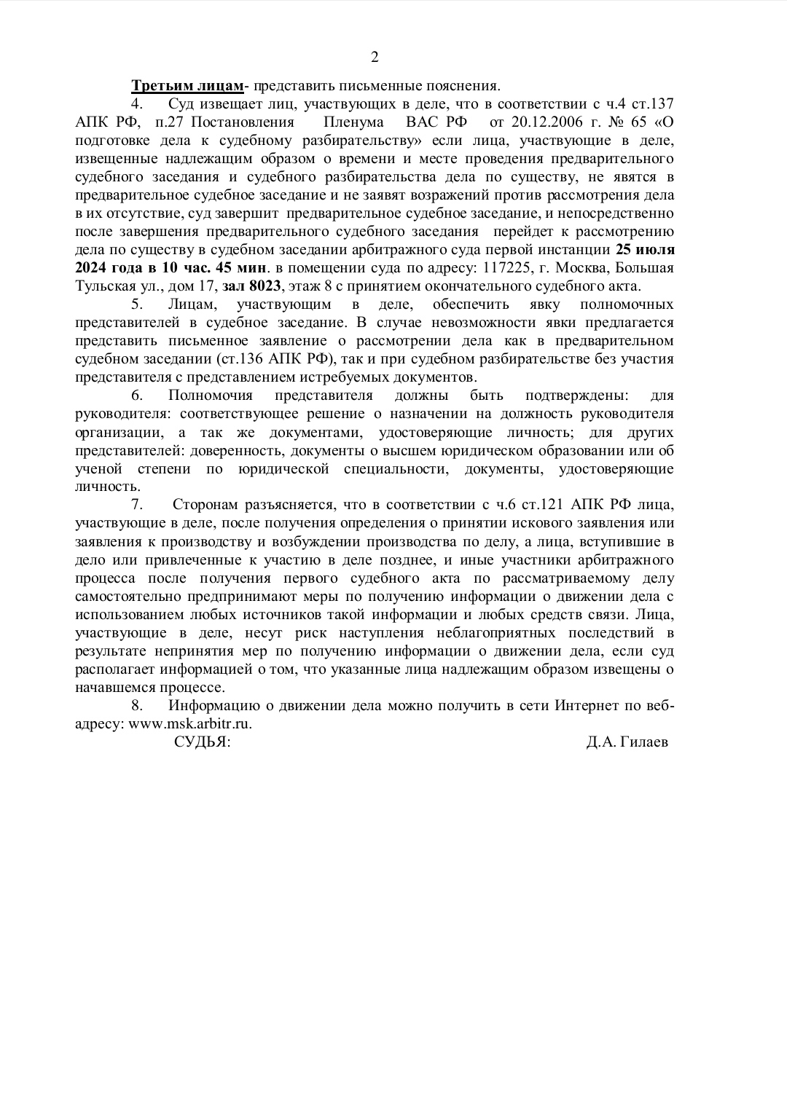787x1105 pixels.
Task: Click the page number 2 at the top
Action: pyautogui.click(x=375, y=58)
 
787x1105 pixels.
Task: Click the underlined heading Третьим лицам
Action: pyautogui.click(x=187, y=86)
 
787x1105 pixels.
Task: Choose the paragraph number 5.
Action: pyautogui.click(x=136, y=304)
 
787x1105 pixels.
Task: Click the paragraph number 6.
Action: pyautogui.click(x=136, y=396)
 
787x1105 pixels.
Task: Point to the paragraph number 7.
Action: pyautogui.click(x=136, y=505)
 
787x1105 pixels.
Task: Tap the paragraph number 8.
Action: pyautogui.click(x=136, y=705)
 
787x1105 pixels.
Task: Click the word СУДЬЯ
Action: pyautogui.click(x=202, y=742)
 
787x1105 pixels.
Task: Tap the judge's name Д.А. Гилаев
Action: pyautogui.click(x=627, y=742)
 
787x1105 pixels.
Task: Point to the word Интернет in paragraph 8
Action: pyautogui.click(x=587, y=705)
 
